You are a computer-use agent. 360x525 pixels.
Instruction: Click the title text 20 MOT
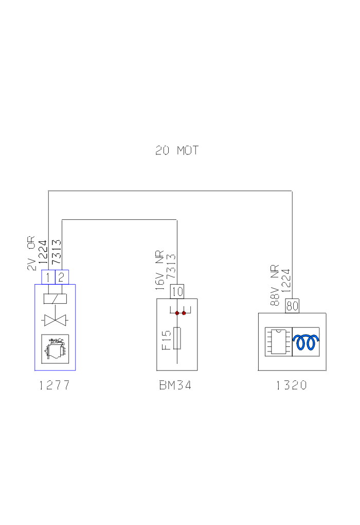click(177, 151)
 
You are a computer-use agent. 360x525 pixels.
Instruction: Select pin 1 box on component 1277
click(48, 277)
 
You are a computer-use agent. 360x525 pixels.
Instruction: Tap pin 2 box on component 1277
click(62, 277)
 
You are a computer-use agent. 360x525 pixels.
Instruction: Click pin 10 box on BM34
click(177, 291)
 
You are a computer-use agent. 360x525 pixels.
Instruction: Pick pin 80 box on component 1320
click(292, 306)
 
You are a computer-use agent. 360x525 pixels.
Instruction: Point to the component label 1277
click(55, 386)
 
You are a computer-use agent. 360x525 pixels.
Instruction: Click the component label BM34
click(175, 386)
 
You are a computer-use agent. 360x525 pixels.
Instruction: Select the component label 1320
click(292, 386)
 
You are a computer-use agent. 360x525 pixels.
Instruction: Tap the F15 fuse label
click(167, 340)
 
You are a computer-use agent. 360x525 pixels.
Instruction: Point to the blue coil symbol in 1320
click(306, 342)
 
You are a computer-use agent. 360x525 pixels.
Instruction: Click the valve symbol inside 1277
click(55, 321)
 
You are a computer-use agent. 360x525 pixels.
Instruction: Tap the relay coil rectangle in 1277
click(55, 299)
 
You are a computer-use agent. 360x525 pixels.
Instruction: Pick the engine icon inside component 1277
click(55, 348)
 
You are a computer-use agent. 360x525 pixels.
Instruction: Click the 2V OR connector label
click(31, 253)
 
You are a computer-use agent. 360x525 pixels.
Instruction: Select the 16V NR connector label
click(160, 272)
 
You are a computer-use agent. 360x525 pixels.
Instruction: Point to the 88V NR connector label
click(275, 286)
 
